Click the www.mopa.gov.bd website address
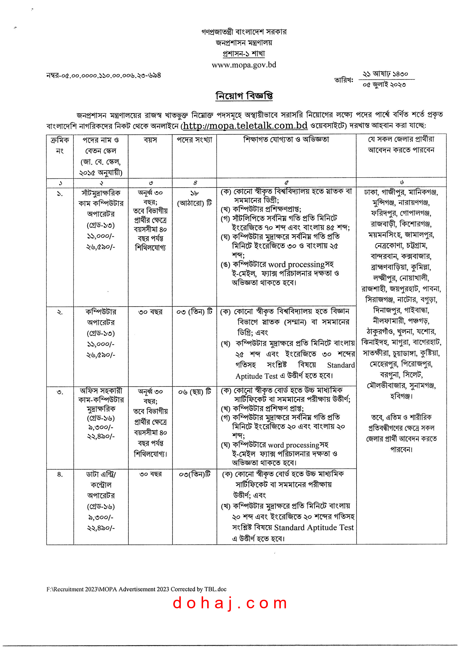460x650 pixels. [x=244, y=65]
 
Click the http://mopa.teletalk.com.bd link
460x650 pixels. [x=245, y=125]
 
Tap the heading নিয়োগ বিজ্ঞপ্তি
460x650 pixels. [x=244, y=96]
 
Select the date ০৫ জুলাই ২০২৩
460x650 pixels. [x=384, y=85]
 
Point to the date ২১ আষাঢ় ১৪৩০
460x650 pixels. [x=385, y=74]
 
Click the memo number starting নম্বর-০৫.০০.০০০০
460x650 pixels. [x=104, y=76]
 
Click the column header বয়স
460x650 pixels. [x=150, y=140]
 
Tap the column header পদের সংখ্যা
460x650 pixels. [x=194, y=140]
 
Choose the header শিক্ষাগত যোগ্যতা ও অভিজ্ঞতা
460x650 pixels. [x=286, y=139]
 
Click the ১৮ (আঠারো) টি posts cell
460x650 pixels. [x=194, y=198]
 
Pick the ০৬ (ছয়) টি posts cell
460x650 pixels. [x=195, y=392]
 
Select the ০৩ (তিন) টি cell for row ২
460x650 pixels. [x=194, y=312]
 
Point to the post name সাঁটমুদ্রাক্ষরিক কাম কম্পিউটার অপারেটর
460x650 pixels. [x=101, y=203]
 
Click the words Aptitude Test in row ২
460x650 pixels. [x=257, y=376]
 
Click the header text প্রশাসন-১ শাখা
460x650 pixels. [x=244, y=54]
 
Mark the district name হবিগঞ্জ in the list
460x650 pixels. [x=400, y=396]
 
